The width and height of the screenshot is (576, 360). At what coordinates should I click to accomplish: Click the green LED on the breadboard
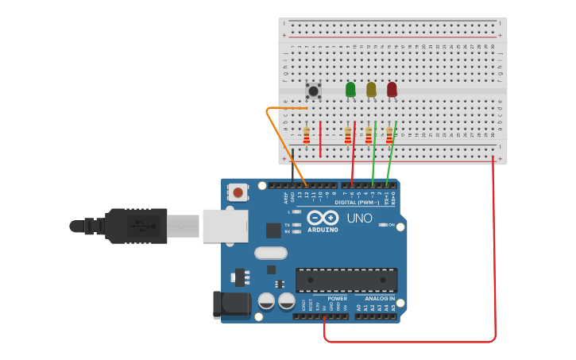(x=350, y=89)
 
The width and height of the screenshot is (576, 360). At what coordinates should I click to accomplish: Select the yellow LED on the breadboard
(x=371, y=89)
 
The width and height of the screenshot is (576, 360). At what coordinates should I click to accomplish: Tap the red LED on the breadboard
(x=392, y=89)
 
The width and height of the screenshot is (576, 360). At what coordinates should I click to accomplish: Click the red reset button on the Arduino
(x=237, y=192)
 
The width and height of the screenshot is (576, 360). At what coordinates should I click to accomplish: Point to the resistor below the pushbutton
(x=307, y=135)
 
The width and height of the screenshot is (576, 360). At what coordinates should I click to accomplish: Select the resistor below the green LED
(x=347, y=135)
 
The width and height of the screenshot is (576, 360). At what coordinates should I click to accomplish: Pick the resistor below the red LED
(x=389, y=135)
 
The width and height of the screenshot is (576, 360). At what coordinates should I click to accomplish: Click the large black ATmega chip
(x=346, y=280)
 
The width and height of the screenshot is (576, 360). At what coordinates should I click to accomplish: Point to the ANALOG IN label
(x=380, y=299)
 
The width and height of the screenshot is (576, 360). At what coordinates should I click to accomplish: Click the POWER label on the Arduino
(x=337, y=299)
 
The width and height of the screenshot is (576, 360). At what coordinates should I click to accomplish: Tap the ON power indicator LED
(x=383, y=225)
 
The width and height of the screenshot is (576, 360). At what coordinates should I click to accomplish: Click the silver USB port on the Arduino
(x=223, y=226)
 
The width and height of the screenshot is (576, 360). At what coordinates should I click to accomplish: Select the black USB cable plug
(x=135, y=226)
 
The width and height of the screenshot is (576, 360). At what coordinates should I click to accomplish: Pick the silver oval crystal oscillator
(x=271, y=253)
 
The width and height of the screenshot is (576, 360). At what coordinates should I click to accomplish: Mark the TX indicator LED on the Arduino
(x=296, y=225)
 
